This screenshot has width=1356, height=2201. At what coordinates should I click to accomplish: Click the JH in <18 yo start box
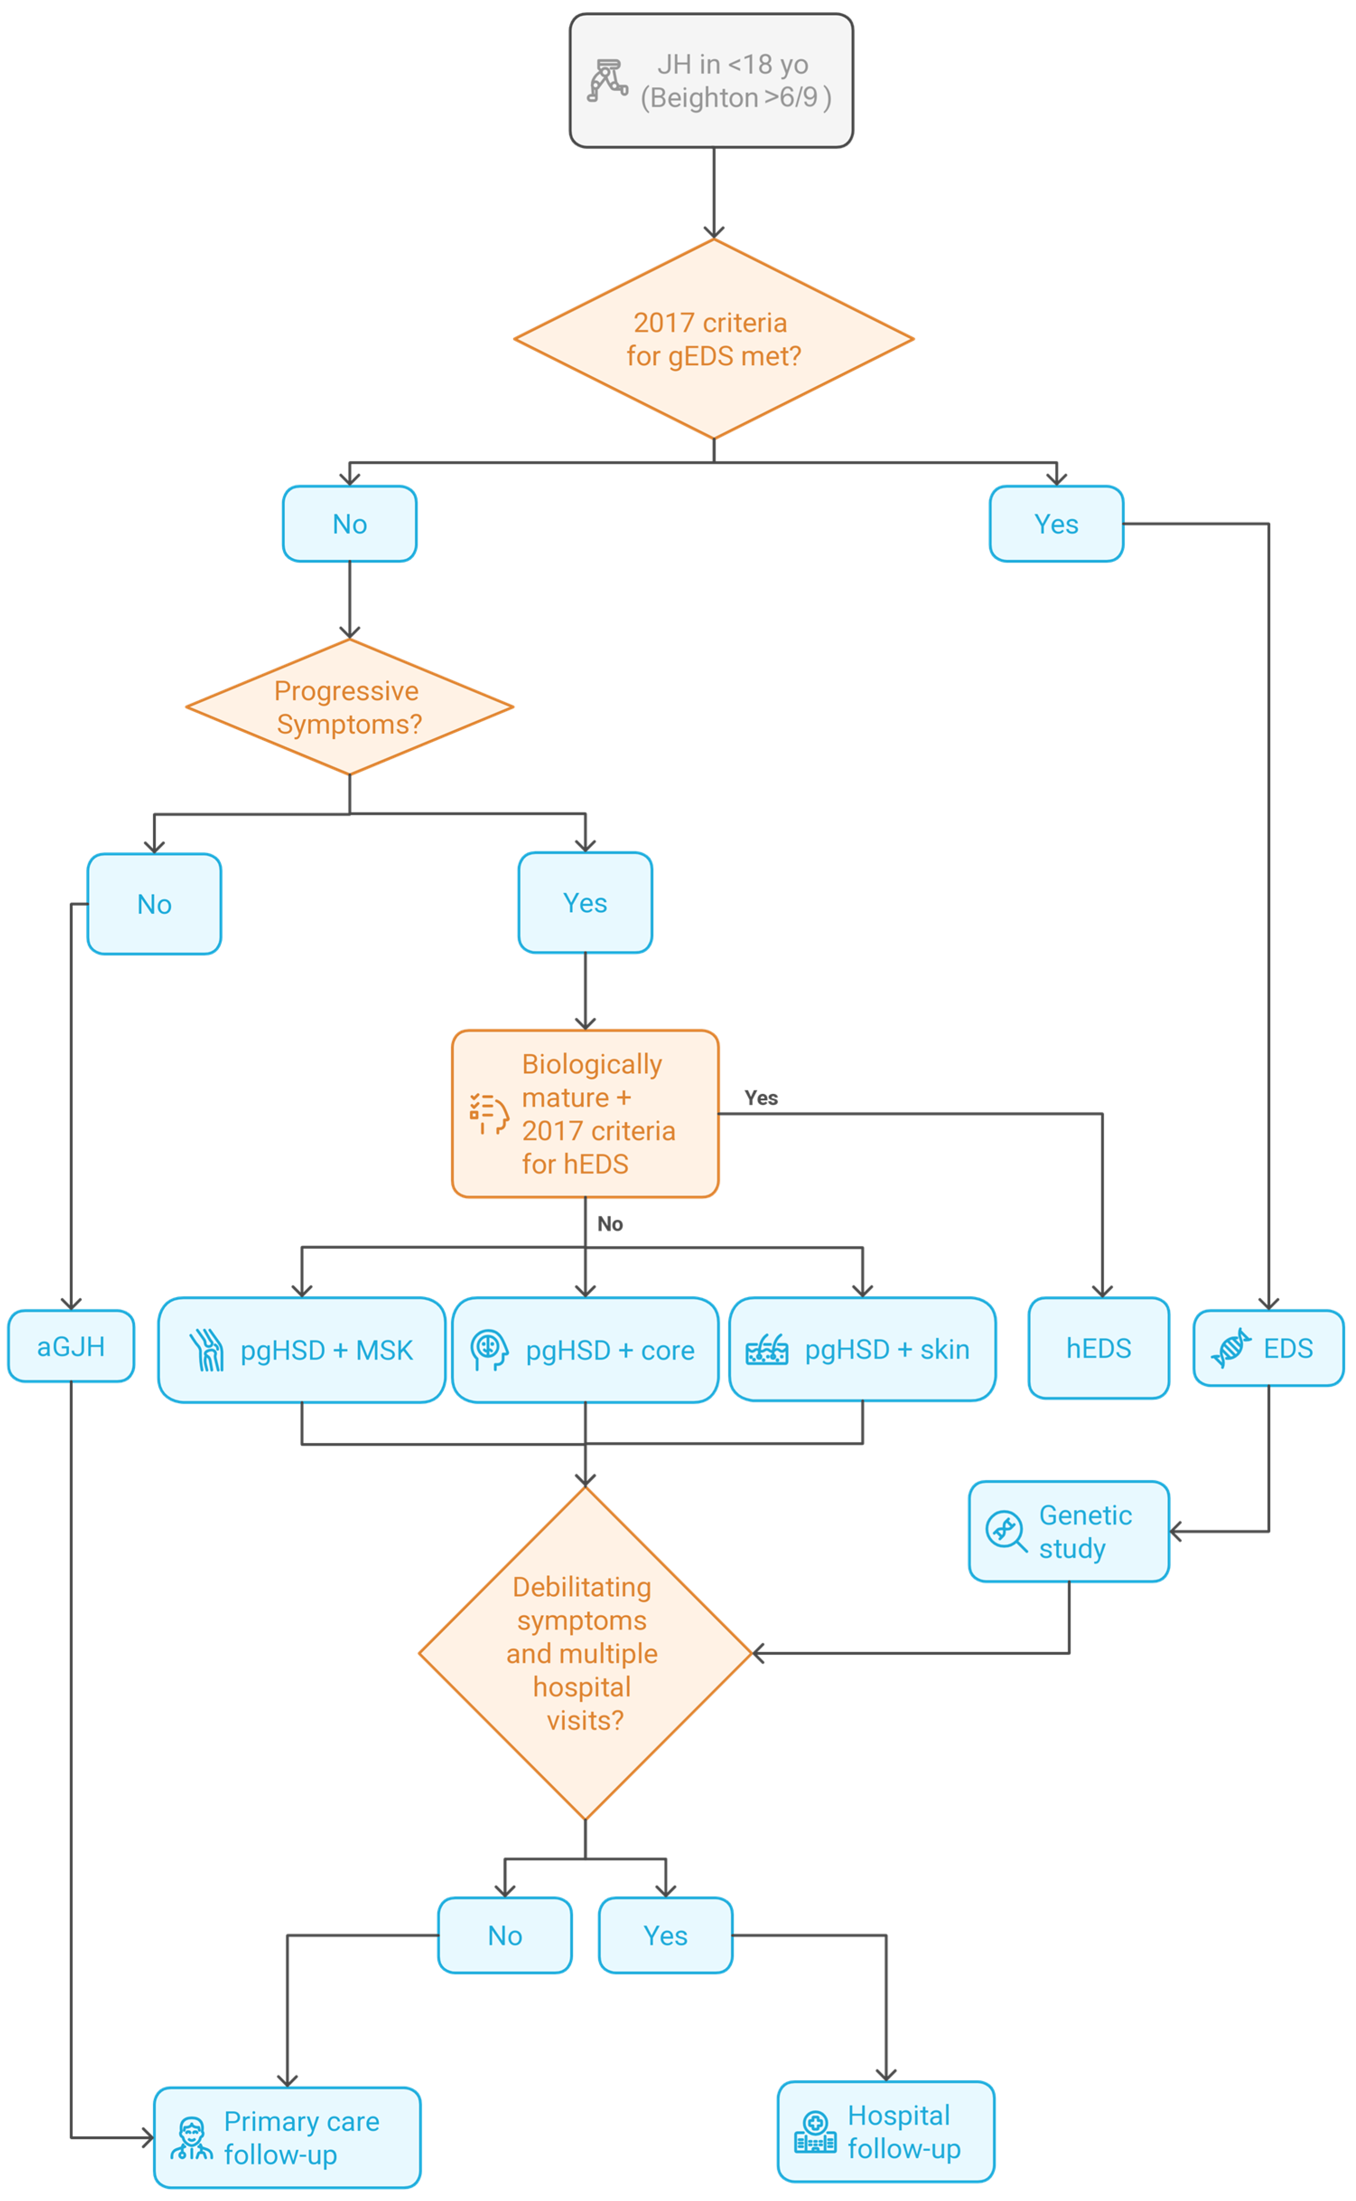pyautogui.click(x=711, y=81)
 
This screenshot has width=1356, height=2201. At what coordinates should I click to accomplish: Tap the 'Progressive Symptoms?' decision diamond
pyautogui.click(x=349, y=707)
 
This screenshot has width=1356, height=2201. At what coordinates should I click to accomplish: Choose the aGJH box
pyautogui.click(x=71, y=1346)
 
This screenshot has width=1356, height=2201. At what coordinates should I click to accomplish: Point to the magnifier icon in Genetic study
pyautogui.click(x=1005, y=1531)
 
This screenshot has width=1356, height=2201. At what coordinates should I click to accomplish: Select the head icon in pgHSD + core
pyautogui.click(x=489, y=1350)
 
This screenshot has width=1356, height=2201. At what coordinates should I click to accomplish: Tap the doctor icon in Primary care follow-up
pyautogui.click(x=191, y=2139)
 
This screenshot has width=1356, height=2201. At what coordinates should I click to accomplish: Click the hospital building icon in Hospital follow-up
pyautogui.click(x=814, y=2133)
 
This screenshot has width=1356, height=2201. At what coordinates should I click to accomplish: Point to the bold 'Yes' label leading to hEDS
pyautogui.click(x=761, y=1098)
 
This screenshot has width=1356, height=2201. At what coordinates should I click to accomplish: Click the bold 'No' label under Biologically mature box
pyautogui.click(x=610, y=1224)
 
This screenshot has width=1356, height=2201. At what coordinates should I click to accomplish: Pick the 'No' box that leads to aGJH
pyautogui.click(x=154, y=904)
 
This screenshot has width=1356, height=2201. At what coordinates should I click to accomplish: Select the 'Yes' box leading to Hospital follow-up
pyautogui.click(x=665, y=1936)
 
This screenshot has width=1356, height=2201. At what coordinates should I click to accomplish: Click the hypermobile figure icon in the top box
pyautogui.click(x=607, y=81)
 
